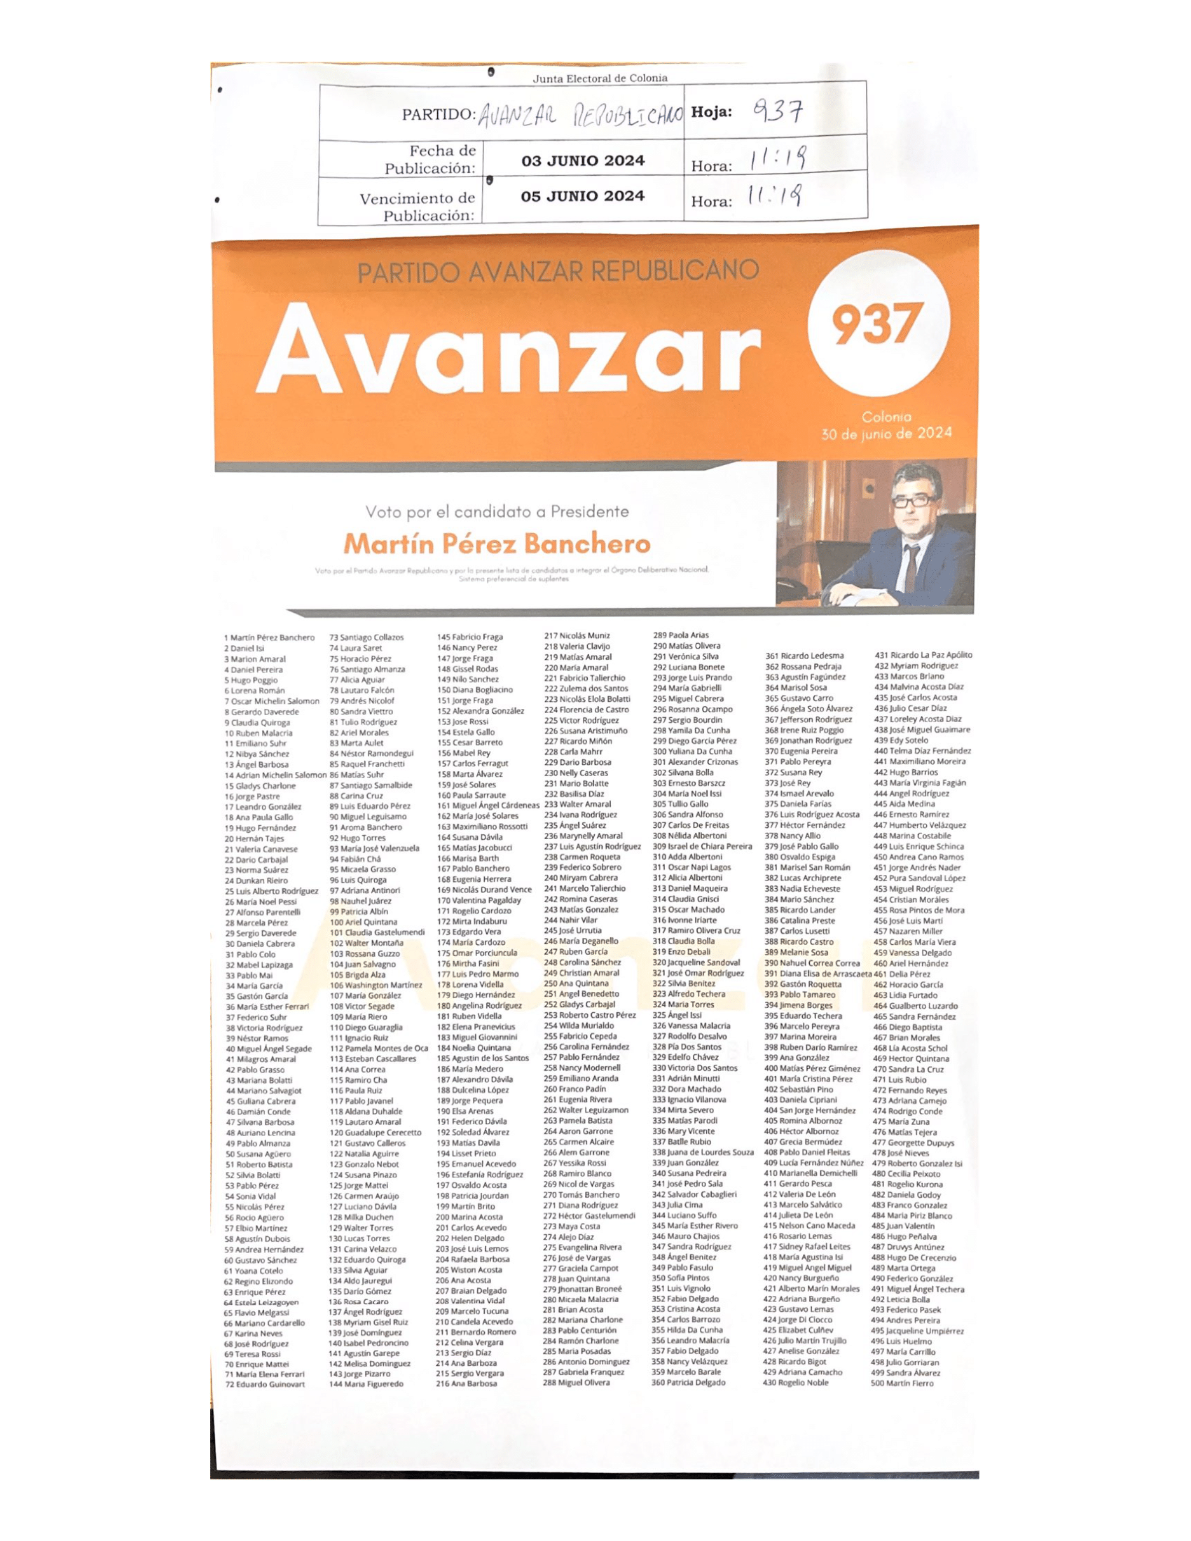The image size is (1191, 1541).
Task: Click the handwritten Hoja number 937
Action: coord(778,111)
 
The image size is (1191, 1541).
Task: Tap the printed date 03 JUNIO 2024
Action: coord(583,161)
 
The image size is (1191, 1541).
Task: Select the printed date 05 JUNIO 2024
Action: coord(583,196)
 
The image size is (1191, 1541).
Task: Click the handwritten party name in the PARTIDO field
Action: coord(580,115)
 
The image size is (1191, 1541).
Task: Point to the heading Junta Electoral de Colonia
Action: coord(600,78)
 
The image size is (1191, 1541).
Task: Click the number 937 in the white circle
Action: coord(877,323)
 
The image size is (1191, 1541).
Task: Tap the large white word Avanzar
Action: coord(510,351)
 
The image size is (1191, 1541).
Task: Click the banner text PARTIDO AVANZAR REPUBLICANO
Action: coord(558,272)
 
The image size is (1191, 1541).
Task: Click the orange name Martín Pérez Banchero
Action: coord(497,544)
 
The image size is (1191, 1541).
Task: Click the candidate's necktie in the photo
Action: coord(911,565)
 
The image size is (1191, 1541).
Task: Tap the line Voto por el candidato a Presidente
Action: coord(497,511)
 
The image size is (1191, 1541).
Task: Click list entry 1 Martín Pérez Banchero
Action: coord(270,638)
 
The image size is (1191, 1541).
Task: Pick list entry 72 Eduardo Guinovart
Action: coord(266,1384)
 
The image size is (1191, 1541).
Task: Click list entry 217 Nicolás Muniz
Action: coord(577,636)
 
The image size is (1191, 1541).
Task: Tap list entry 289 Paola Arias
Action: coord(681,635)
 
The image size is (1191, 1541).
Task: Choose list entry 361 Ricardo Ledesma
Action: coord(804,656)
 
